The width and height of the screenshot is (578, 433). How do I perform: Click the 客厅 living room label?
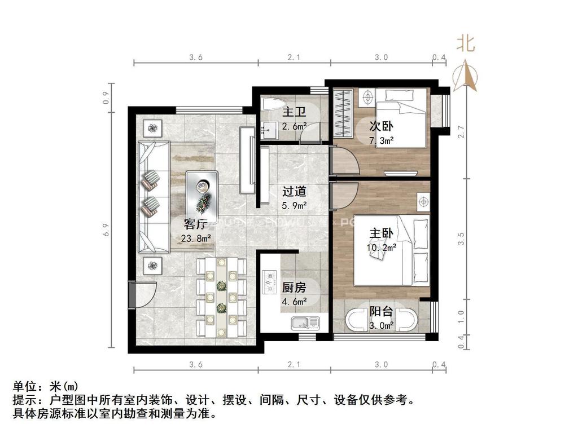coord(194,224)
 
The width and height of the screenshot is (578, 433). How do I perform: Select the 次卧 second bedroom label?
coord(382,127)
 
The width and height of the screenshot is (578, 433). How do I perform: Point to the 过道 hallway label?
coord(294,192)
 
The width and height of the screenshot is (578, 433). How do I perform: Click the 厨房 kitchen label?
coord(294,288)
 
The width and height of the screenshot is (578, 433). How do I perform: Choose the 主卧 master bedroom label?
coord(382,233)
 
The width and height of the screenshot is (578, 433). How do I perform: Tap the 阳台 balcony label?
coord(382,311)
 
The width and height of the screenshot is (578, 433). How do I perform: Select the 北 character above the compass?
coord(466,43)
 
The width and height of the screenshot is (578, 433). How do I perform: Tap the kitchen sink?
coord(305,323)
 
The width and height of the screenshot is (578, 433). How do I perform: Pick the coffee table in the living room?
coord(202,189)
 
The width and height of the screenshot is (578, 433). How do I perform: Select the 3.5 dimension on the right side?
coord(462,239)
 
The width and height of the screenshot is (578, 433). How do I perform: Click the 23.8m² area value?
coord(196,238)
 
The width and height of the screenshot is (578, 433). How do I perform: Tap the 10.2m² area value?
coord(382,246)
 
